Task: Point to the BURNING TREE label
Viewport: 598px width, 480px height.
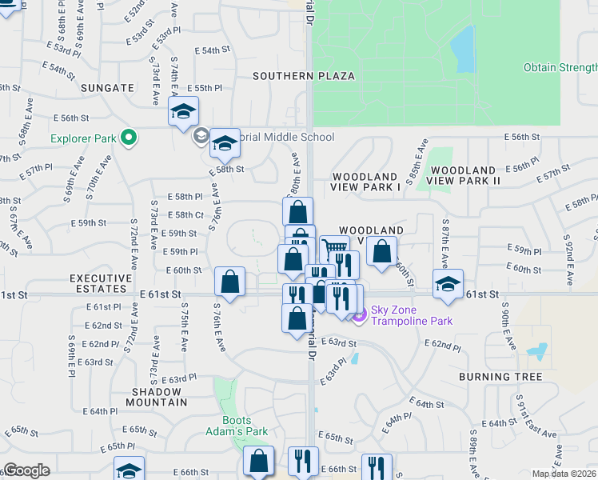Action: click(x=500, y=376)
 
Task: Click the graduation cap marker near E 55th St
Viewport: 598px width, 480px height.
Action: click(x=183, y=112)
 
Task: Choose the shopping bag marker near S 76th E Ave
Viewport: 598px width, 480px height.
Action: click(x=229, y=282)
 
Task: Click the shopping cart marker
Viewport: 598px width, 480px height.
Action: click(x=334, y=250)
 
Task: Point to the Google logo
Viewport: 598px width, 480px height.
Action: click(x=26, y=470)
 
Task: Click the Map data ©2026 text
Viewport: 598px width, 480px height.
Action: click(x=564, y=474)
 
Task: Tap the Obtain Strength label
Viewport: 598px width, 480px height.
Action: click(x=560, y=67)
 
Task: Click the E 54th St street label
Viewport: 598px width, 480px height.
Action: click(x=211, y=50)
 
